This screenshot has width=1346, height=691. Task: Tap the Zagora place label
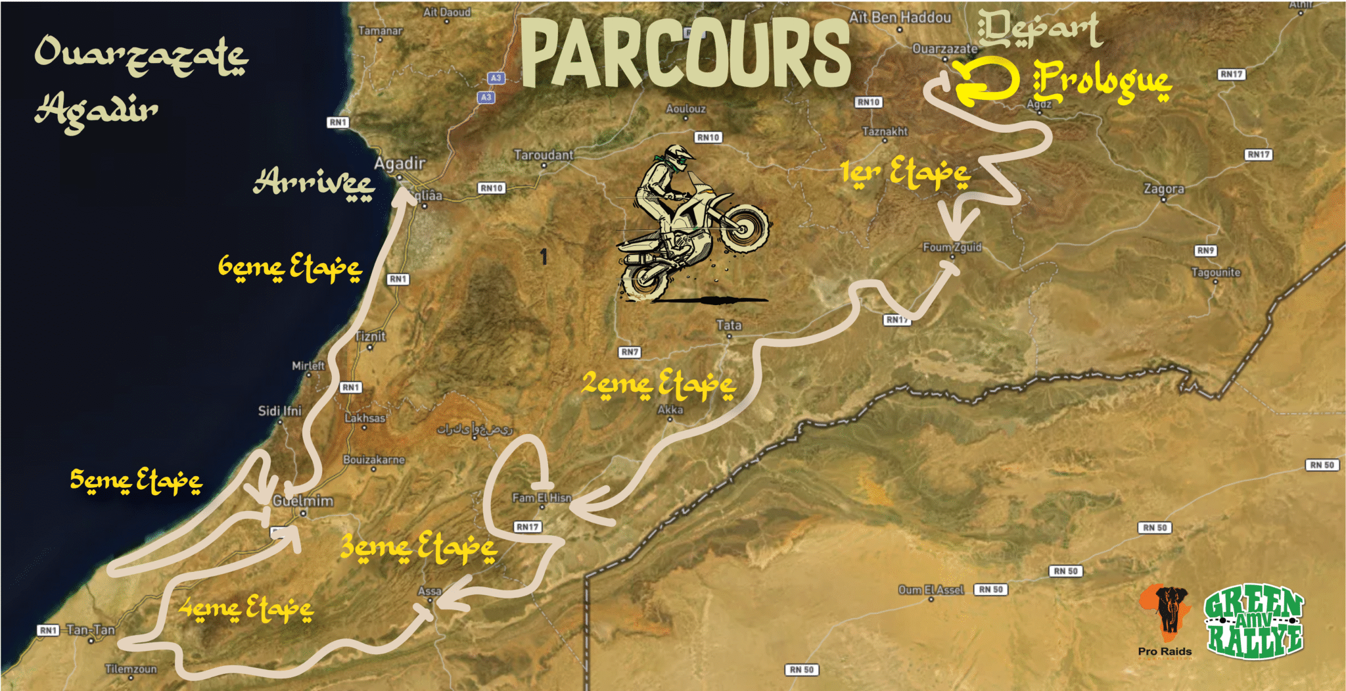pyautogui.click(x=1163, y=189)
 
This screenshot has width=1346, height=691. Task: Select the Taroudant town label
pyautogui.click(x=544, y=155)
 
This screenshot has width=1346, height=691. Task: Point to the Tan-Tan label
pyautogui.click(x=91, y=630)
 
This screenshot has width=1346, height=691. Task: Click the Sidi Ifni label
pyautogui.click(x=279, y=411)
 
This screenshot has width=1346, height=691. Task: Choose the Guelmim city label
pyautogui.click(x=303, y=501)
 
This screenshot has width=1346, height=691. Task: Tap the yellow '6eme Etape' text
pyautogui.click(x=289, y=267)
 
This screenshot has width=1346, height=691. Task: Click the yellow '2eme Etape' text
pyautogui.click(x=658, y=385)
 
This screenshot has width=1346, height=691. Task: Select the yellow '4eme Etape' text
pyautogui.click(x=246, y=609)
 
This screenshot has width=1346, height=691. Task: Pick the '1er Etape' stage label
pyautogui.click(x=905, y=173)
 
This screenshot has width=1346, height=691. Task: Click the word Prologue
pyautogui.click(x=1102, y=83)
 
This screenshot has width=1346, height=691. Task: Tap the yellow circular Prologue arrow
pyautogui.click(x=985, y=82)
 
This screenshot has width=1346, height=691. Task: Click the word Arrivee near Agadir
pyautogui.click(x=314, y=183)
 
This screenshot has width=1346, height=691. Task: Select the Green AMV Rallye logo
pyautogui.click(x=1253, y=621)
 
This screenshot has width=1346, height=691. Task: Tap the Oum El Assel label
pyautogui.click(x=931, y=590)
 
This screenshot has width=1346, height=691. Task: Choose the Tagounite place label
pyautogui.click(x=1216, y=272)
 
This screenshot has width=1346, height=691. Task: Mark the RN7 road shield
pyautogui.click(x=629, y=352)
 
